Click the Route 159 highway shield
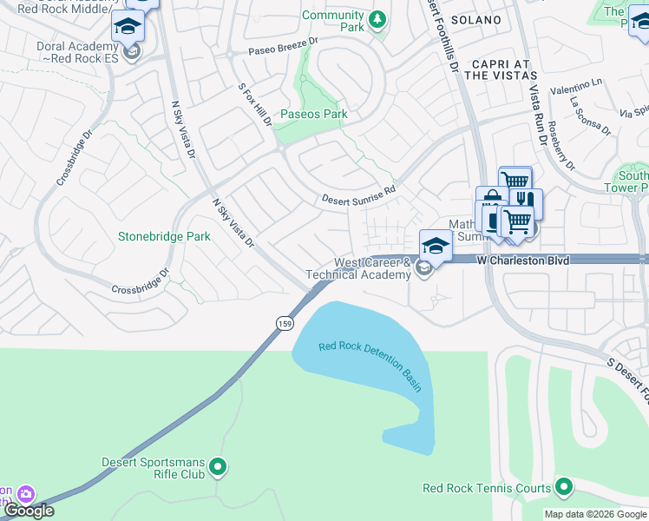pyautogui.click(x=285, y=323)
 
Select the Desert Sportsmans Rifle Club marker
pyautogui.click(x=219, y=468)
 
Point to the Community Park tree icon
pyautogui.click(x=377, y=20)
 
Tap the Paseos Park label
pyautogui.click(x=313, y=114)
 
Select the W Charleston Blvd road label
pyautogui.click(x=528, y=259)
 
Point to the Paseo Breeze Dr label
pyautogui.click(x=284, y=47)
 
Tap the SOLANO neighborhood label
pyautogui.click(x=476, y=19)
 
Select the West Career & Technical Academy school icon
pyautogui.click(x=423, y=268)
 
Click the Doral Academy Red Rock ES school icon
pyautogui.click(x=131, y=54)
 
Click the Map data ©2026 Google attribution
pyautogui.click(x=595, y=514)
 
